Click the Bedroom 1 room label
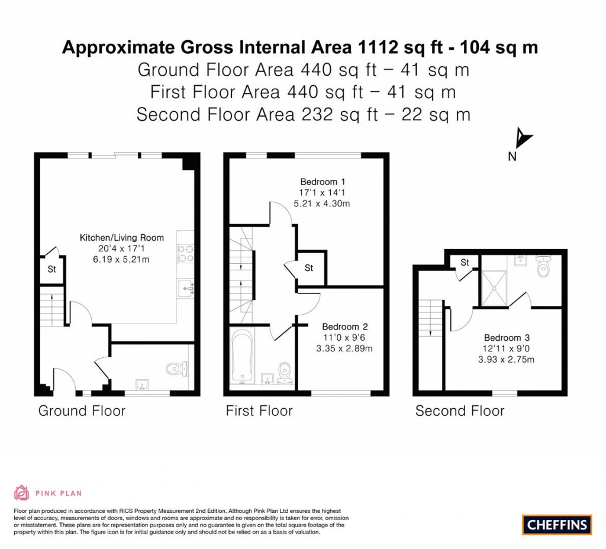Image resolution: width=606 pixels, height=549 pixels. (323, 182)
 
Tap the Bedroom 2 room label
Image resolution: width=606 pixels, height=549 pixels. (345, 327)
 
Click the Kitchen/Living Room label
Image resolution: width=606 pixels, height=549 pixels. (122, 238)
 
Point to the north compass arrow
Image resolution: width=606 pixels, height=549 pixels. (523, 140)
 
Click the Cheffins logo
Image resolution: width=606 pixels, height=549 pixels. (556, 524)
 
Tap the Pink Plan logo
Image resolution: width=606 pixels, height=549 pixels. (47, 493)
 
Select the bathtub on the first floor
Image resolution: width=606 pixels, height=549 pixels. (241, 357)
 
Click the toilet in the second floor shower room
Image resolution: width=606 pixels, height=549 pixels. (543, 267)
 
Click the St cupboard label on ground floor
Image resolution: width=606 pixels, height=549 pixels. (51, 269)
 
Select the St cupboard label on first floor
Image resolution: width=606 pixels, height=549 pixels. (309, 268)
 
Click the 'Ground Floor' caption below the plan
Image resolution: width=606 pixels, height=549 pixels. (82, 411)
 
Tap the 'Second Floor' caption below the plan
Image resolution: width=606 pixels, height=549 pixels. (459, 411)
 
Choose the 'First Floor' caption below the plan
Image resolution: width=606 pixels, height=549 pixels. (259, 411)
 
